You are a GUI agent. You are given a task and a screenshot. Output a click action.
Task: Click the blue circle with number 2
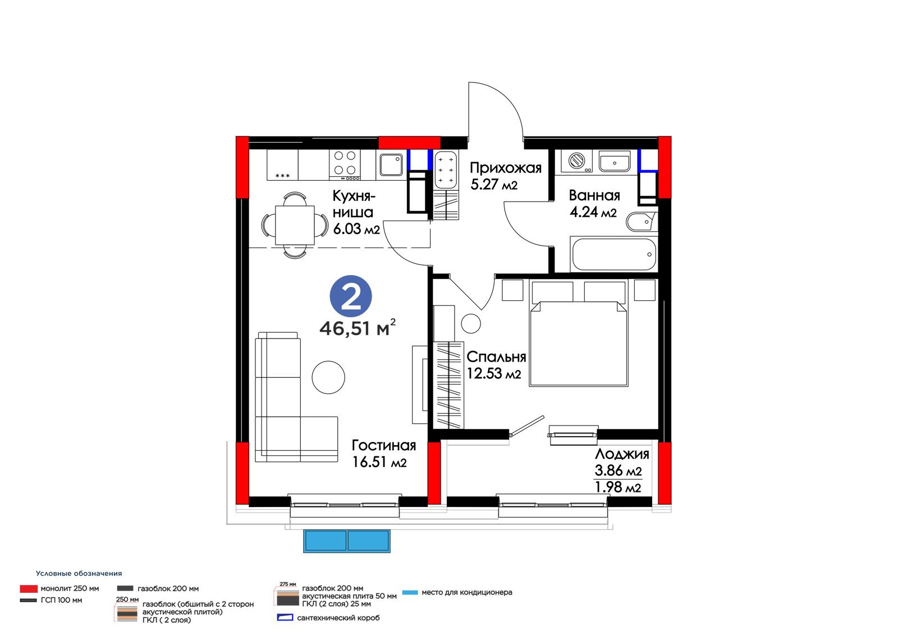tap(351, 296)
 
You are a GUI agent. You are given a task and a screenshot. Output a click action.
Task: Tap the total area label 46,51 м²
tap(358, 328)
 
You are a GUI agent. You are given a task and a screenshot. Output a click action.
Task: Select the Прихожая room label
tap(506, 168)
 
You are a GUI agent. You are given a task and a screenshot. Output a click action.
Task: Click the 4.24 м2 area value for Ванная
tap(593, 212)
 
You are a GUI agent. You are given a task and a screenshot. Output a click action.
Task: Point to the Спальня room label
tap(496, 357)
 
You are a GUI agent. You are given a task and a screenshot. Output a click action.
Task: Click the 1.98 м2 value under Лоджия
tap(618, 487)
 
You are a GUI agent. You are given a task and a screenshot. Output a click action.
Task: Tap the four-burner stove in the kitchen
tap(345, 165)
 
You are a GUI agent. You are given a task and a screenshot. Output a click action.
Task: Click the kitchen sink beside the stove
tap(391, 165)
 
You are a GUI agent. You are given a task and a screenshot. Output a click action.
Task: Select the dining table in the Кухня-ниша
tap(295, 225)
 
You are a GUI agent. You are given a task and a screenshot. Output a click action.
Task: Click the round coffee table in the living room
tap(328, 377)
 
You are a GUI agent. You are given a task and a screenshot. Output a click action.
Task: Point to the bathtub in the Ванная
tap(614, 254)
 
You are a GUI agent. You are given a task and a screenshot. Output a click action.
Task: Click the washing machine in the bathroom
tap(577, 161)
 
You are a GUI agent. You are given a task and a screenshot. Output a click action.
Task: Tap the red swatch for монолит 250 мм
tap(29, 589)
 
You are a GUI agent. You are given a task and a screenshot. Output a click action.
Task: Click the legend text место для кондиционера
tap(466, 592)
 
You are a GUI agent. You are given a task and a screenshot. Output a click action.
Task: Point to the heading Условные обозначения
tap(79, 574)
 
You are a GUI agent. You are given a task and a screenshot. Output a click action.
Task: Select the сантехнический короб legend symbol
tap(285, 618)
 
